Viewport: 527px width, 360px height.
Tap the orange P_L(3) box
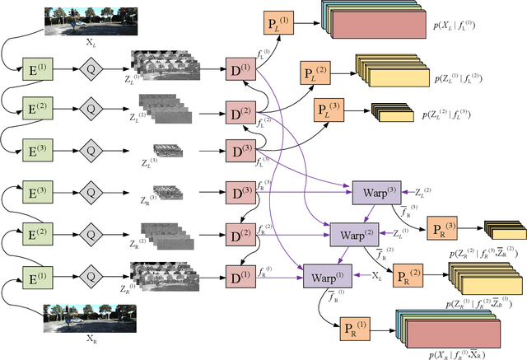328,108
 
